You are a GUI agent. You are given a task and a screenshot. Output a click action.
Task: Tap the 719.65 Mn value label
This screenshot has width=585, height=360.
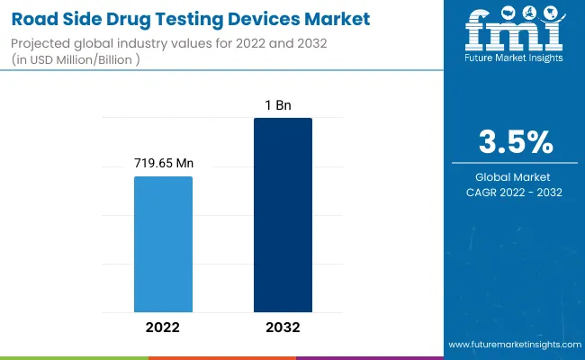coord(164,164)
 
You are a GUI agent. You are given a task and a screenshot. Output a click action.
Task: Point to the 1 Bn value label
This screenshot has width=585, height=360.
coord(283,105)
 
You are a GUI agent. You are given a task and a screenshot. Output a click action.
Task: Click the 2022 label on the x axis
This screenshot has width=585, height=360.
coord(163,327)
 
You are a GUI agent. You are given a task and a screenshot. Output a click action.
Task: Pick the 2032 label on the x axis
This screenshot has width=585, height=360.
coord(283,327)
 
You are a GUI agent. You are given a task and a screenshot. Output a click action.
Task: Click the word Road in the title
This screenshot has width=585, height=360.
coord(33,17)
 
